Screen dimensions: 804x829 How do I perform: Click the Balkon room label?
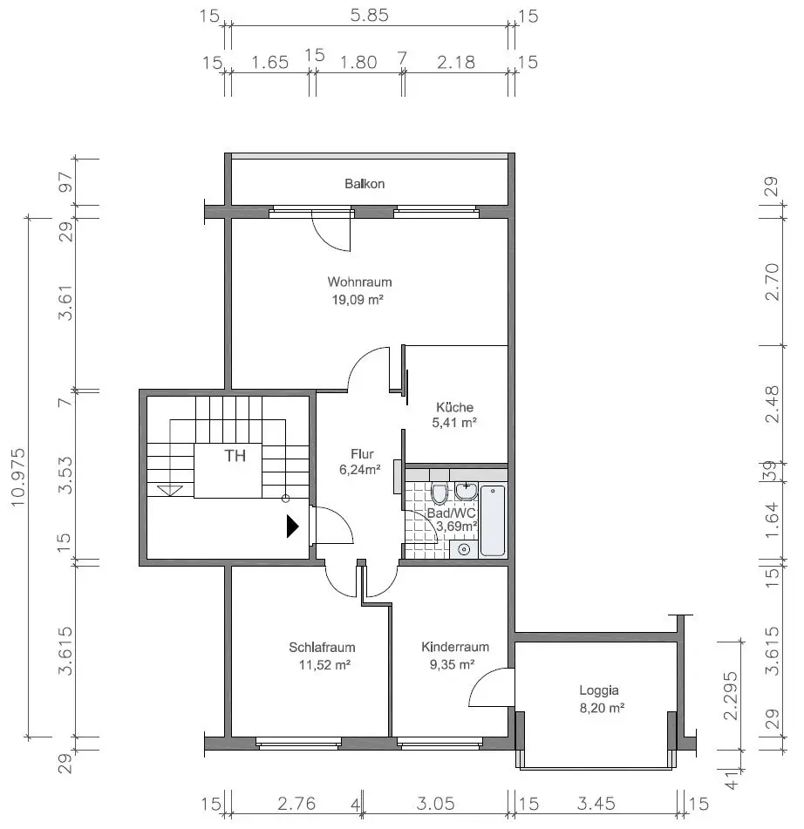click(x=365, y=184)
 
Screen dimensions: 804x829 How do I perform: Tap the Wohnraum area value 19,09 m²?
click(x=358, y=300)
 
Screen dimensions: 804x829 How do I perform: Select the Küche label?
click(x=455, y=407)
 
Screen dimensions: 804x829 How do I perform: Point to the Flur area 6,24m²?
click(x=360, y=470)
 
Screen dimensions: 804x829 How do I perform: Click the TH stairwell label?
click(x=235, y=456)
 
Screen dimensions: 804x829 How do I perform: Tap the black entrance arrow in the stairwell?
click(x=292, y=526)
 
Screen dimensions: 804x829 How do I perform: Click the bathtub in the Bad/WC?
click(x=493, y=520)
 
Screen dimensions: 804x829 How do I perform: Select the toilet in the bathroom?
click(x=439, y=493)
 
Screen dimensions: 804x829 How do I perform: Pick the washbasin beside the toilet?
click(x=466, y=491)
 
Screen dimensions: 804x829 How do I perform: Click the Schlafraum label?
click(x=322, y=647)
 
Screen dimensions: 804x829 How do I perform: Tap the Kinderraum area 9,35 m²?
click(x=453, y=664)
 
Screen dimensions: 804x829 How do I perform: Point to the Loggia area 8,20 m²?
click(x=602, y=708)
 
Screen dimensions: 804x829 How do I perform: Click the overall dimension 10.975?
click(x=18, y=478)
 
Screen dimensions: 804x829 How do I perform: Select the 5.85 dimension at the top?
click(x=369, y=15)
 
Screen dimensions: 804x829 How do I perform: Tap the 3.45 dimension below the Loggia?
click(x=596, y=804)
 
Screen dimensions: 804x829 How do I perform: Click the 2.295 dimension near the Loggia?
click(x=731, y=696)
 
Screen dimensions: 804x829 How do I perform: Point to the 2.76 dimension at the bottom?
click(x=296, y=804)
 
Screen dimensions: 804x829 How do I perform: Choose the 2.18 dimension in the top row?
click(x=456, y=63)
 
